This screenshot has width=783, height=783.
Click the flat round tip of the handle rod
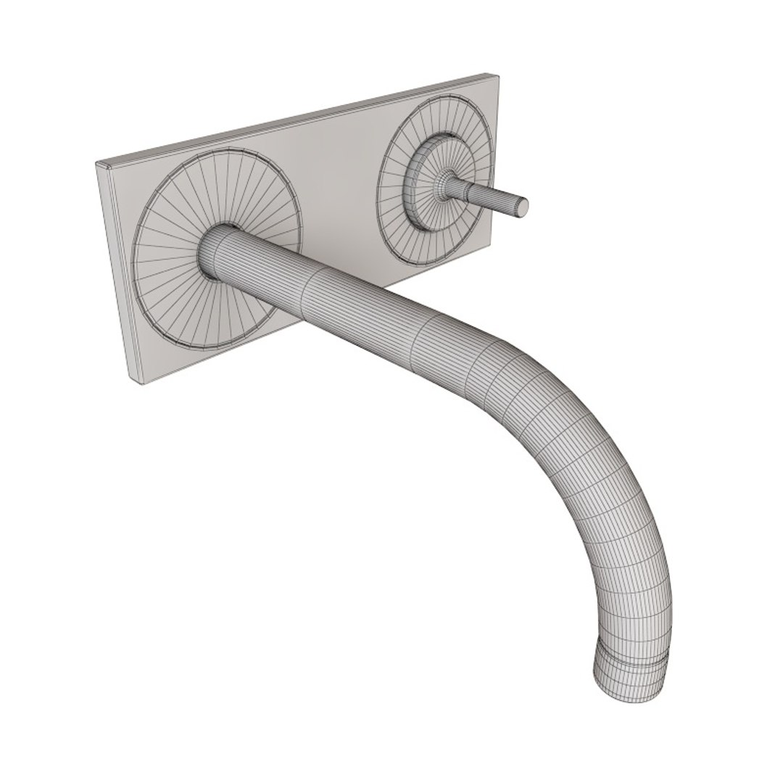(520, 206)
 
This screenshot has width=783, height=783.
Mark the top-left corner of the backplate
(99, 163)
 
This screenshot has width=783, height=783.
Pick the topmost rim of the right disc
(442, 97)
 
